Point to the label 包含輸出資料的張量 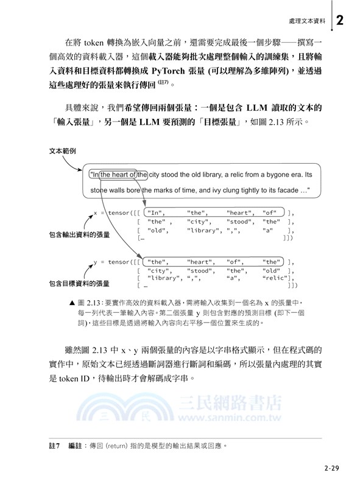(x=79, y=234)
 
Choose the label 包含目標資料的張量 (x=79, y=283)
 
